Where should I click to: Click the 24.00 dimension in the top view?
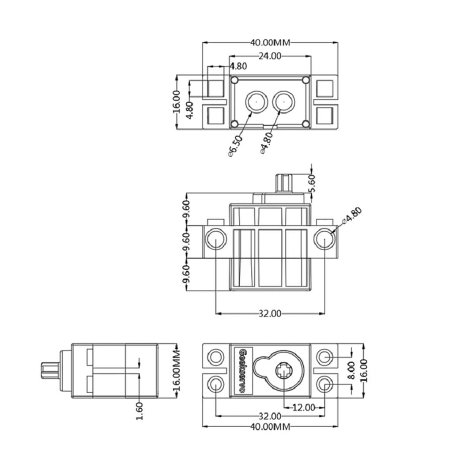click(x=270, y=56)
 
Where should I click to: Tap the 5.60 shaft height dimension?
click(x=312, y=183)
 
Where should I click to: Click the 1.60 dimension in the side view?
click(x=139, y=411)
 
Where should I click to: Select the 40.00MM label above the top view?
click(x=270, y=43)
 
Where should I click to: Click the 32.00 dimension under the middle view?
click(x=270, y=313)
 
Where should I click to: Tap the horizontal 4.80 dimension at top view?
click(x=238, y=66)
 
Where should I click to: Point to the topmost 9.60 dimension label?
click(x=186, y=208)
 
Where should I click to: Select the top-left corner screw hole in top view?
click(x=235, y=80)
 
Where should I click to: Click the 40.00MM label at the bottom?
click(x=270, y=426)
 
